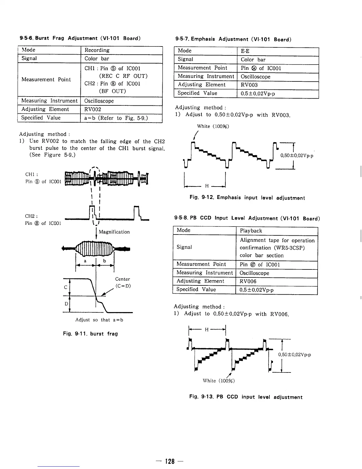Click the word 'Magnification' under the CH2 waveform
pyautogui.click(x=114, y=232)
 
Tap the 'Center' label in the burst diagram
pyautogui.click(x=122, y=279)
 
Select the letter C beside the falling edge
pyautogui.click(x=66, y=287)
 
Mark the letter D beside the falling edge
pyautogui.click(x=66, y=304)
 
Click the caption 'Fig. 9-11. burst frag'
pyautogui.click(x=90, y=334)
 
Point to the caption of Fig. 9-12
pyautogui.click(x=247, y=198)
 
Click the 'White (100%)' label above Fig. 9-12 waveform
pyautogui.click(x=213, y=126)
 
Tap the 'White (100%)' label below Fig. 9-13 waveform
pyautogui.click(x=219, y=381)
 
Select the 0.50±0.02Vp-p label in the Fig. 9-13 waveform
pyautogui.click(x=294, y=355)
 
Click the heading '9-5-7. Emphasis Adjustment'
pyautogui.click(x=233, y=39)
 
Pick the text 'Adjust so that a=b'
pyautogui.click(x=99, y=320)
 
